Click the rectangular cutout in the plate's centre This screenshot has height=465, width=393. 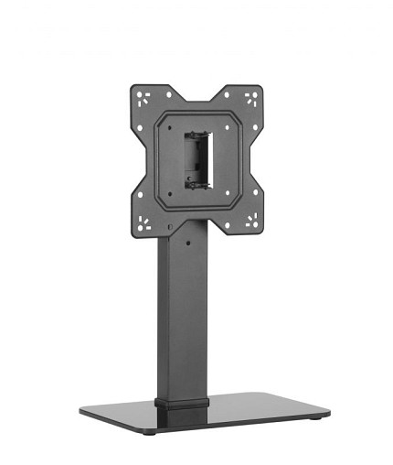(197, 159)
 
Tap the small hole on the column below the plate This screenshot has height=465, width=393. (189, 244)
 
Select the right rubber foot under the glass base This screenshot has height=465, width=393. (315, 416)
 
